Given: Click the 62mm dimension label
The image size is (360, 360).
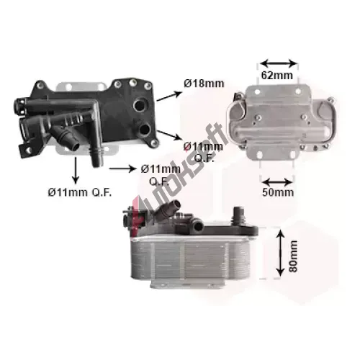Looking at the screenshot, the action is (x=277, y=76).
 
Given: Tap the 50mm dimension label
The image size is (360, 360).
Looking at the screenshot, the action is (x=278, y=192).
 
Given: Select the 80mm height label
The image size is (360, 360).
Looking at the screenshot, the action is (x=293, y=256).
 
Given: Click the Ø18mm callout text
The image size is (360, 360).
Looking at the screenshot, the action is (x=204, y=84).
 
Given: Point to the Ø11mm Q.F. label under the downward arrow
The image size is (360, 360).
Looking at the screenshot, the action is (x=80, y=192).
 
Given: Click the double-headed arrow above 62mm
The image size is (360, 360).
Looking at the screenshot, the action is (x=279, y=63).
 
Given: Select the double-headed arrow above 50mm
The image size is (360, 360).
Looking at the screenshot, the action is (x=276, y=182).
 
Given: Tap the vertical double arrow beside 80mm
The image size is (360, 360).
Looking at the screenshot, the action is (x=280, y=253).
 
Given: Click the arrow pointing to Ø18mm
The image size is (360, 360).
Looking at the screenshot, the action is (x=169, y=96).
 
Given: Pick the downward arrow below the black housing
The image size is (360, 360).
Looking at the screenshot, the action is (x=76, y=170).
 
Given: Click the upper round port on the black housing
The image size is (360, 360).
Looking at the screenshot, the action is (x=139, y=105).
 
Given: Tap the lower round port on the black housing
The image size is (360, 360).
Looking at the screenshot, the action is (x=145, y=129).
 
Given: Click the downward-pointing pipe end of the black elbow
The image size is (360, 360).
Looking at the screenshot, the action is (x=98, y=161).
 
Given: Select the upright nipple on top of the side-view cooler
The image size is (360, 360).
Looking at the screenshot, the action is (x=238, y=214).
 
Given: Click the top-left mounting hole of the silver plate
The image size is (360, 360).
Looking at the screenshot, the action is (x=257, y=91).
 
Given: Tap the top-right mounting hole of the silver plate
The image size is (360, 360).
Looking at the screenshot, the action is (x=298, y=91).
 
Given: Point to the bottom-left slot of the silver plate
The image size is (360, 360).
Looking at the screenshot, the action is (x=261, y=154).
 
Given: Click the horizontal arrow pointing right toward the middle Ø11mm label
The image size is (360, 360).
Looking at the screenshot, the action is (x=122, y=169).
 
